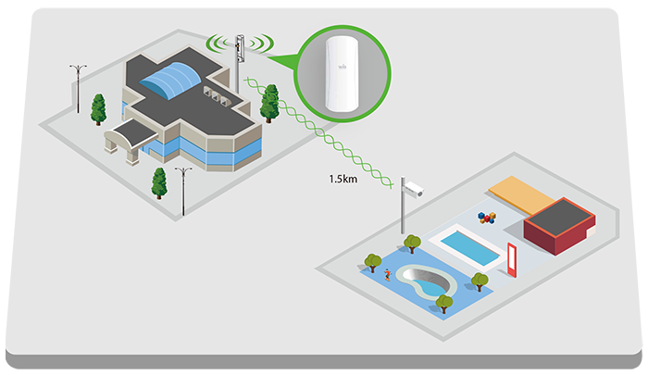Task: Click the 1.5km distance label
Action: (x=342, y=179)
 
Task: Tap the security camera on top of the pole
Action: (x=413, y=188)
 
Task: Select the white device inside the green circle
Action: (x=342, y=73)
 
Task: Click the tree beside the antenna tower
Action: (x=269, y=105)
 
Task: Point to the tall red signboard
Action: (x=511, y=260)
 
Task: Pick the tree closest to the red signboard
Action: (x=480, y=281)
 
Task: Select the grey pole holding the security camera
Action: (x=404, y=215)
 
